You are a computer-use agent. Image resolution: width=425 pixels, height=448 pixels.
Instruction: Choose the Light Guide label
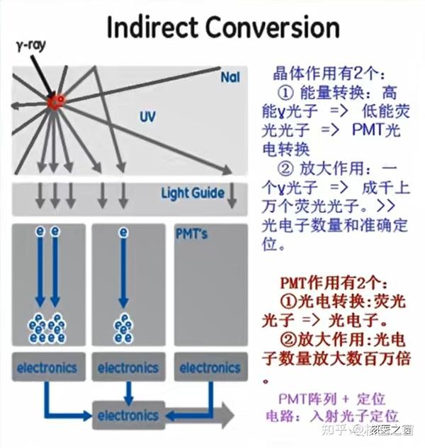click(x=192, y=193)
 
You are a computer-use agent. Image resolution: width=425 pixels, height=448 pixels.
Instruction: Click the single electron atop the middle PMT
click(x=123, y=232)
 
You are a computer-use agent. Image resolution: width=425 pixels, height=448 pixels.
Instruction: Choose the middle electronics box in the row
click(x=128, y=367)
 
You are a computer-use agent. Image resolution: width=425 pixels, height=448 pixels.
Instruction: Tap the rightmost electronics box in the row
click(x=210, y=367)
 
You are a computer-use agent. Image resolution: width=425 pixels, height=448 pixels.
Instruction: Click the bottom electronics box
click(x=128, y=414)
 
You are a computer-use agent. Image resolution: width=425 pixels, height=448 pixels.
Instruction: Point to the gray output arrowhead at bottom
click(x=225, y=414)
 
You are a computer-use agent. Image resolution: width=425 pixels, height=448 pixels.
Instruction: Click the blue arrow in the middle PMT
click(x=123, y=272)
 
